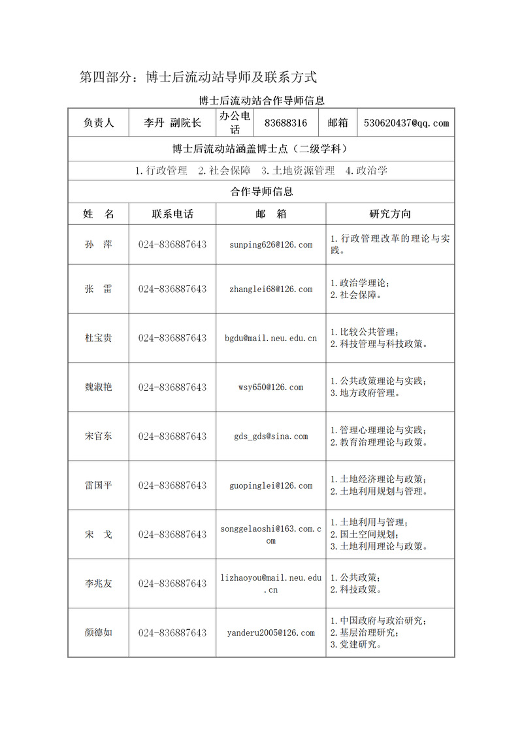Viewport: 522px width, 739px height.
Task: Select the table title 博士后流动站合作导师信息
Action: pyautogui.click(x=261, y=101)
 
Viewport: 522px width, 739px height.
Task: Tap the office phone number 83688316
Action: pyautogui.click(x=285, y=123)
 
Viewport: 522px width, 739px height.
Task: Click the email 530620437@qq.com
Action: pyautogui.click(x=406, y=123)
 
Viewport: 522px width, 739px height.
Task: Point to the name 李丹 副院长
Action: pyautogui.click(x=172, y=123)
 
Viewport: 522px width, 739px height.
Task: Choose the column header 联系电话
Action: pyautogui.click(x=172, y=214)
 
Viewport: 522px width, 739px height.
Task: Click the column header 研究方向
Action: pyautogui.click(x=390, y=214)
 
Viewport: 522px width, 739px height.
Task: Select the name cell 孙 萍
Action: pyautogui.click(x=99, y=244)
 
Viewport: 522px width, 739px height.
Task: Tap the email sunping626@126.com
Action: pyautogui.click(x=270, y=244)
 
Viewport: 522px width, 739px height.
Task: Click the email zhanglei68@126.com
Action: pyautogui.click(x=270, y=289)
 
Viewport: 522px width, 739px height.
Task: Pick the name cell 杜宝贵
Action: pyautogui.click(x=99, y=338)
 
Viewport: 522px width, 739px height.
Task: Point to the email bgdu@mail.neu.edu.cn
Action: pyautogui.click(x=270, y=338)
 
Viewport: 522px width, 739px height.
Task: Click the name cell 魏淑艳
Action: pyautogui.click(x=99, y=387)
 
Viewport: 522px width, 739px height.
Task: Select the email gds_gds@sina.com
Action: pyautogui.click(x=270, y=436)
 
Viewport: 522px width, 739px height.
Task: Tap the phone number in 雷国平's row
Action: pyautogui.click(x=172, y=485)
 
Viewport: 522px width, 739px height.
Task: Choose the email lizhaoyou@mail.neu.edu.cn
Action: pyautogui.click(x=270, y=583)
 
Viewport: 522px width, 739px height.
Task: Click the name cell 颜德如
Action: pyautogui.click(x=99, y=632)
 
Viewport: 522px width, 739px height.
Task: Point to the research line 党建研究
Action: pyautogui.click(x=357, y=644)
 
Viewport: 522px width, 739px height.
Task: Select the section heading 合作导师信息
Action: pyautogui.click(x=261, y=191)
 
